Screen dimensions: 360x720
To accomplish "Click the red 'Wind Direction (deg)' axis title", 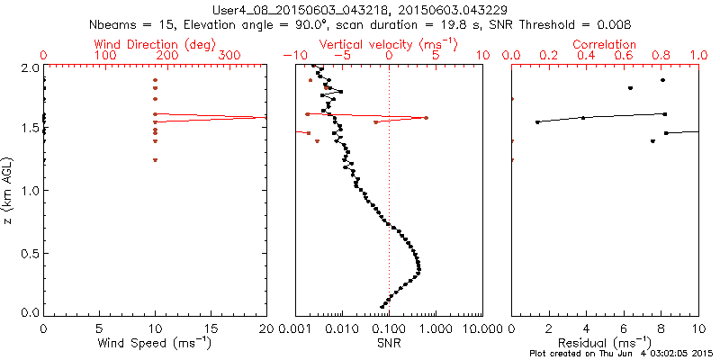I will pyautogui.click(x=155, y=43).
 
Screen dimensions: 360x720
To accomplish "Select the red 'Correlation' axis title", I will pyautogui.click(x=605, y=43).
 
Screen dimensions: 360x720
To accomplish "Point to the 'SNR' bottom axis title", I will pyautogui.click(x=388, y=343).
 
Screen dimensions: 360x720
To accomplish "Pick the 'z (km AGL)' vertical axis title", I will pyautogui.click(x=8, y=191).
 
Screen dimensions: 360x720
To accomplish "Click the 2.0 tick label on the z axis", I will pyautogui.click(x=28, y=67).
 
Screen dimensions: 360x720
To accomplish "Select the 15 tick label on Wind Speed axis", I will pyautogui.click(x=211, y=328).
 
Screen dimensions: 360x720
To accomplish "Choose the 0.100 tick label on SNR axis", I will pyautogui.click(x=389, y=328).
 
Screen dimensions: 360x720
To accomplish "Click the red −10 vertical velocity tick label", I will pyautogui.click(x=293, y=56).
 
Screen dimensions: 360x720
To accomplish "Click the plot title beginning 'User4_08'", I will pyautogui.click(x=361, y=8).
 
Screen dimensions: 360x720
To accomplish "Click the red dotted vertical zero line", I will pyautogui.click(x=389, y=225).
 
